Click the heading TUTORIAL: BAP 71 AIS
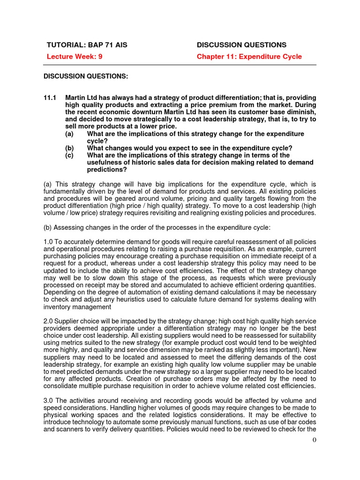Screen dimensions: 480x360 coord(87,45)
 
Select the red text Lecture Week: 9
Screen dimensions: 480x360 coord(75,57)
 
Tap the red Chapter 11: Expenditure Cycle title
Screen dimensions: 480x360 coord(249,57)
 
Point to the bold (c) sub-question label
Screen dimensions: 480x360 coord(70,155)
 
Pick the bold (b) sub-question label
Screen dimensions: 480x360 coord(70,148)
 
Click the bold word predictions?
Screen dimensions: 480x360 coord(107,170)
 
